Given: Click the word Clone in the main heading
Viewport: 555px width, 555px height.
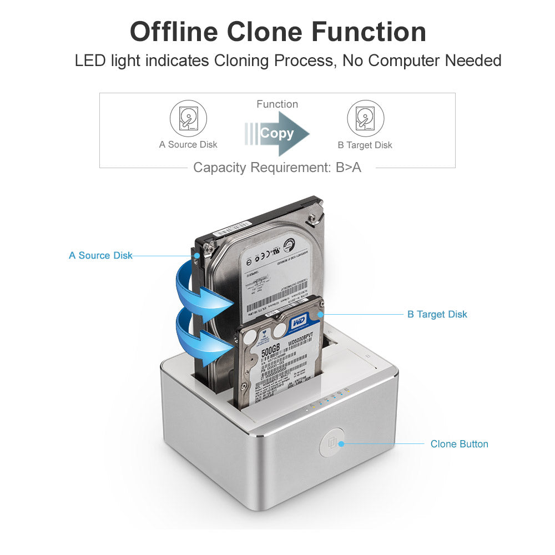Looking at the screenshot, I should click(x=263, y=32).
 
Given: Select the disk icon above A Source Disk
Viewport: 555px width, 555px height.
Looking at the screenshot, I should click(x=188, y=118).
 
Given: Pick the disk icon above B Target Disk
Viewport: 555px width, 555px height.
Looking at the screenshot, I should click(x=365, y=118).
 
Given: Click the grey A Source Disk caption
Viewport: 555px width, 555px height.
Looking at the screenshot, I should click(x=188, y=145).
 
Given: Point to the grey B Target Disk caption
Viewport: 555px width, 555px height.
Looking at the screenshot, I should click(x=365, y=145).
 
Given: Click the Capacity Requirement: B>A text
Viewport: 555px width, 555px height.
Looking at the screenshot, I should click(x=277, y=168).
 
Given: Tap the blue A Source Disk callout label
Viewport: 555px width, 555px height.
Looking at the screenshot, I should click(x=100, y=256).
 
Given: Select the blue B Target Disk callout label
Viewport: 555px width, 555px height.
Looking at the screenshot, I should click(x=437, y=315).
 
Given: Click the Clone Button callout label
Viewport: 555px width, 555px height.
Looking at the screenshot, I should click(x=459, y=444).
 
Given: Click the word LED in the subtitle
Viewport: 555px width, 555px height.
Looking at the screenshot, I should click(x=90, y=60).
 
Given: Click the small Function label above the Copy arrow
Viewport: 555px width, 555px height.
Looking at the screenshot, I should click(x=277, y=104).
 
